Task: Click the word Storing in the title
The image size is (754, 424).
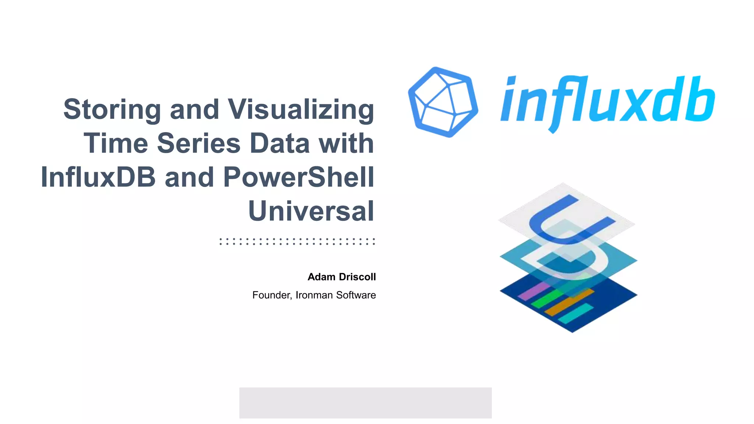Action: pyautogui.click(x=112, y=110)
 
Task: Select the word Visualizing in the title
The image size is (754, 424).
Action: pyautogui.click(x=301, y=110)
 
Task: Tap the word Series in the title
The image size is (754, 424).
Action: pyautogui.click(x=199, y=143)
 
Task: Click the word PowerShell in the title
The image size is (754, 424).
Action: pyautogui.click(x=299, y=177)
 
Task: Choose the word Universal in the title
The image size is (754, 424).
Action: pyautogui.click(x=311, y=211)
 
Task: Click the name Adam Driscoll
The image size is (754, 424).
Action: pyautogui.click(x=342, y=277)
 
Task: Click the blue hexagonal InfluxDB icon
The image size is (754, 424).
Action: pyautogui.click(x=443, y=102)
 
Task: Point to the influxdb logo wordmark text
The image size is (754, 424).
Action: pyautogui.click(x=607, y=100)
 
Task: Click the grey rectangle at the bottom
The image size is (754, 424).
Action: pyautogui.click(x=365, y=403)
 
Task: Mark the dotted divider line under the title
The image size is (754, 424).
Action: pyautogui.click(x=297, y=241)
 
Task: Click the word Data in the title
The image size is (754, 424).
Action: pyautogui.click(x=280, y=143)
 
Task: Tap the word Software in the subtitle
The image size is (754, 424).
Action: pyautogui.click(x=356, y=295)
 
